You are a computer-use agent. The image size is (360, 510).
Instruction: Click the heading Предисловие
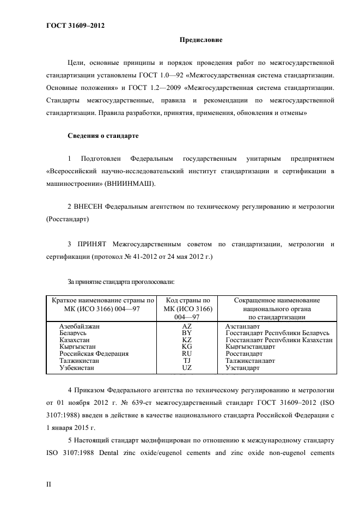[x=200, y=40]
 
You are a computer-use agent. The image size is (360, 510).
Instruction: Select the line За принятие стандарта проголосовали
[x=120, y=281]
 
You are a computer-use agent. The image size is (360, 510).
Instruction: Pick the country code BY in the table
[x=186, y=332]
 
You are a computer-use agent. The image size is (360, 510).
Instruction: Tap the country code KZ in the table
[x=186, y=339]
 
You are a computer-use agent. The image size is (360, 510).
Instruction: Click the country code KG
[x=186, y=347]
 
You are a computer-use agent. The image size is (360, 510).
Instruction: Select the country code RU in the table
[x=186, y=354]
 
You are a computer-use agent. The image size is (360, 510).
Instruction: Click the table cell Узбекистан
[x=77, y=368]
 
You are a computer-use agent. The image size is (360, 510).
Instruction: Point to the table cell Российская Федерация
[x=94, y=354]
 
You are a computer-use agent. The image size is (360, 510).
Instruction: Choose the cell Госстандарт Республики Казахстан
[x=278, y=339]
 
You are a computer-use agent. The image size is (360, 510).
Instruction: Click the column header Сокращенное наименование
[x=276, y=300]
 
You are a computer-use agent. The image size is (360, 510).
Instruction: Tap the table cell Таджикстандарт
[x=250, y=361]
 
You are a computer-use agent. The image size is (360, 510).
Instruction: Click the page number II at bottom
[x=49, y=483]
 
